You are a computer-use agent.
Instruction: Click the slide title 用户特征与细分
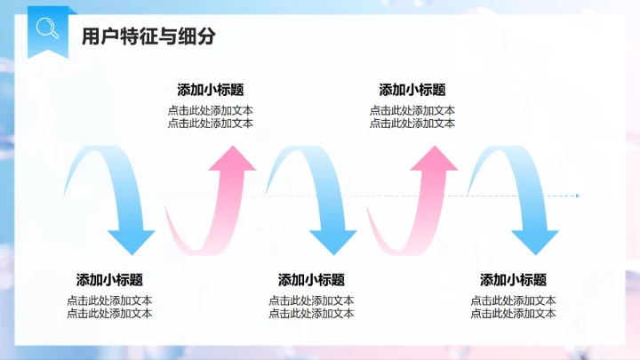pos(148,36)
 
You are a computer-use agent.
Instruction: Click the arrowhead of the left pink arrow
pos(232,159)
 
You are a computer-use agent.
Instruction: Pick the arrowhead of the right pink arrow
pos(435,159)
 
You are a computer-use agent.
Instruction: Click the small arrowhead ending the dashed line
pos(577,196)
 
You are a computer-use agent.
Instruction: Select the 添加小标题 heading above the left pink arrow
pos(211,90)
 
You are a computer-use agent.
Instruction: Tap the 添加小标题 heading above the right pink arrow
pos(412,90)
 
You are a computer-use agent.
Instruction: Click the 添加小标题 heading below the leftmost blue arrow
pos(109,279)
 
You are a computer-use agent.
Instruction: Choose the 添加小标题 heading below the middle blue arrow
pos(311,279)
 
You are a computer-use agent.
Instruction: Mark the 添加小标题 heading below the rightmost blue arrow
pos(513,279)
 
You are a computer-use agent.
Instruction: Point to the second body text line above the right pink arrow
pos(412,124)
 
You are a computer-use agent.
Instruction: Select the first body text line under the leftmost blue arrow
pos(109,300)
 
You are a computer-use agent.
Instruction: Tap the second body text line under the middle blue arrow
pos(311,313)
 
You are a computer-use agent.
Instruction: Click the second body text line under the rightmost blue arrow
pos(513,313)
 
